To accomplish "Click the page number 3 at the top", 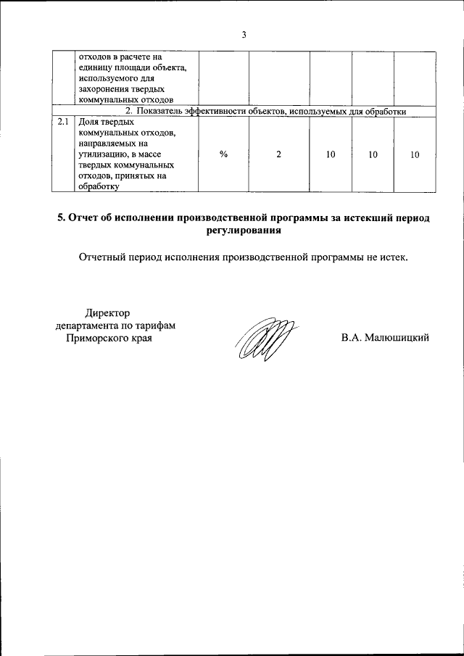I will click(x=244, y=34).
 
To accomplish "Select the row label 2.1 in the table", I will click(x=63, y=122).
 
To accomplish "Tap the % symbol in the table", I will click(x=223, y=154).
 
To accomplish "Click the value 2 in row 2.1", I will click(x=278, y=154).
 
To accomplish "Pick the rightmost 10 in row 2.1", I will click(x=415, y=154).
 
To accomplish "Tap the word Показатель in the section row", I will click(x=162, y=111).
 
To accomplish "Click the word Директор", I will click(x=107, y=312).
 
